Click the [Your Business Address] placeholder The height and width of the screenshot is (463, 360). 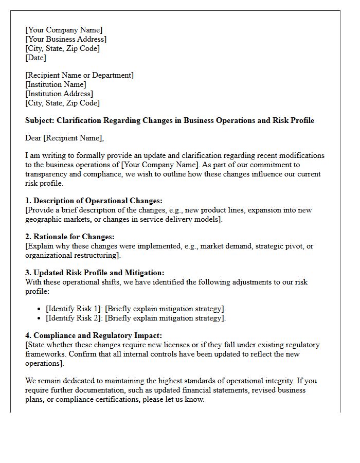coord(66,39)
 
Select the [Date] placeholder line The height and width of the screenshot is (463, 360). coord(35,58)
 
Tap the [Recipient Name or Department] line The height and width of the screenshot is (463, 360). coord(79,75)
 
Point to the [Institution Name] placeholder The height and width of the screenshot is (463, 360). coord(56,84)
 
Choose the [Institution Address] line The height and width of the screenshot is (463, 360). coord(59,94)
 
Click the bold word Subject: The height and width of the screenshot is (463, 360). coord(41,120)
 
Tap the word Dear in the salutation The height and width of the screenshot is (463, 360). coord(33,138)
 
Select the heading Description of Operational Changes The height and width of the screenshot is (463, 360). coord(98,201)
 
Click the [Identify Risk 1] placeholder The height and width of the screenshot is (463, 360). coord(73,309)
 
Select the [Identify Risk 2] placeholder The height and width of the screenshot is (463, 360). coord(73,318)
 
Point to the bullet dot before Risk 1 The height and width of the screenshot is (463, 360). coord(40,309)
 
